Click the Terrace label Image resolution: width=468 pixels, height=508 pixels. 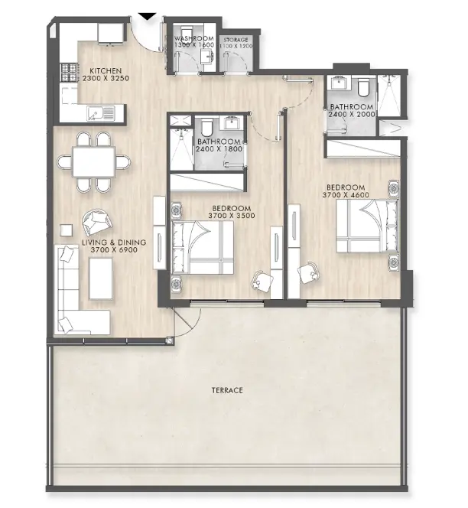[x=227, y=391]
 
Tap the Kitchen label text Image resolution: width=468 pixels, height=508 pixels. [x=105, y=70]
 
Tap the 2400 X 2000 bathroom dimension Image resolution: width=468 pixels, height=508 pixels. [x=352, y=115]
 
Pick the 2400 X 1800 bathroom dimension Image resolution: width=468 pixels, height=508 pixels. [x=219, y=150]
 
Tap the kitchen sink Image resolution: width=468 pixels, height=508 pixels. [x=101, y=114]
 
